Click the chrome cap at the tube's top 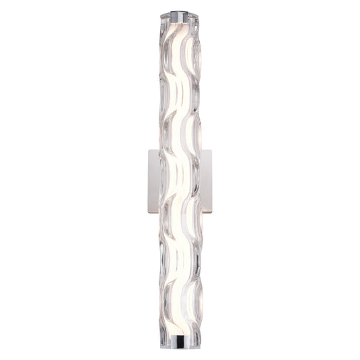[180, 14]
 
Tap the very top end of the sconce [180, 11]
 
